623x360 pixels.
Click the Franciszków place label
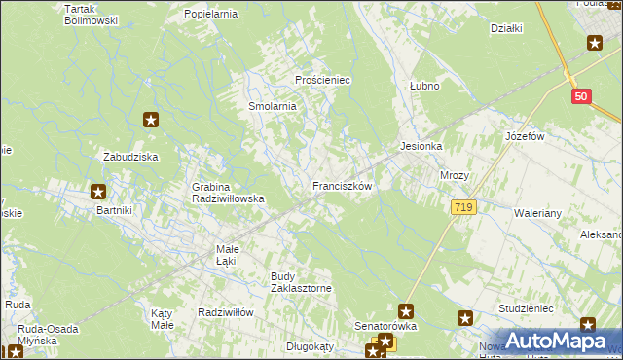pyautogui.click(x=342, y=185)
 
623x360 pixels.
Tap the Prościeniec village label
pyautogui.click(x=322, y=80)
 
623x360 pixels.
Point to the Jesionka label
pyautogui.click(x=421, y=147)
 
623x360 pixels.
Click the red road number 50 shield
pyautogui.click(x=581, y=96)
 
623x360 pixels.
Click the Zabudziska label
pyautogui.click(x=131, y=156)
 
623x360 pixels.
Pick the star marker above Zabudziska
pyautogui.click(x=151, y=121)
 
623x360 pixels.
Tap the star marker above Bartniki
pyautogui.click(x=97, y=193)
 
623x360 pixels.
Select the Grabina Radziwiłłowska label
pyautogui.click(x=229, y=192)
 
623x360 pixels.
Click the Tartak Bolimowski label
pyautogui.click(x=91, y=14)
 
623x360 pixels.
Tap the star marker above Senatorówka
pyautogui.click(x=406, y=312)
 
